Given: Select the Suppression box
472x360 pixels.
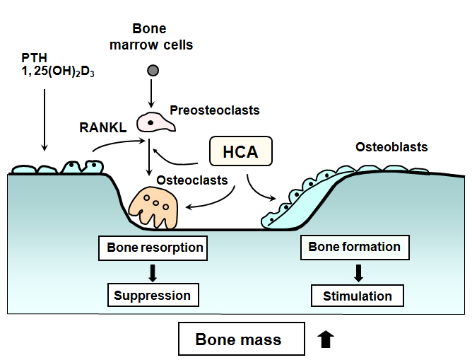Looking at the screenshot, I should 153,295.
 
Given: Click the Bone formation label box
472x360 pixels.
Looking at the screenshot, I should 355,248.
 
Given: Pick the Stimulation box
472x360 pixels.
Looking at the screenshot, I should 357,296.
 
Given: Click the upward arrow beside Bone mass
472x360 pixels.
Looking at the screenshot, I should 325,339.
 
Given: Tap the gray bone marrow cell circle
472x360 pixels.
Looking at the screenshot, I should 152,70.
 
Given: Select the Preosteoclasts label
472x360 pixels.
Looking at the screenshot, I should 215,110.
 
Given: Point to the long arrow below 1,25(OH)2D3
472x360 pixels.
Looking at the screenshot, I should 45,117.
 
